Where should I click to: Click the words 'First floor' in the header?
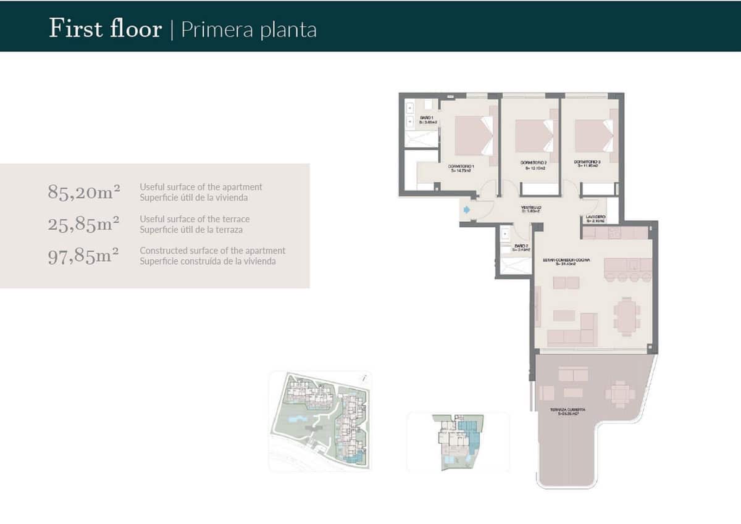point(105,29)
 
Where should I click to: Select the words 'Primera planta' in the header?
point(248,30)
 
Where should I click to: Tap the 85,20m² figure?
point(83,192)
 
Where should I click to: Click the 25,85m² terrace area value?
point(83,224)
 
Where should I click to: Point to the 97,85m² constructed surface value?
point(83,256)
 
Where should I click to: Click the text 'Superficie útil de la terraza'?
point(191,230)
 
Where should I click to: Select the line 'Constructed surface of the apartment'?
point(212,251)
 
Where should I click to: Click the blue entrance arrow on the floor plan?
point(466,210)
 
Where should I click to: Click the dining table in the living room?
point(626,316)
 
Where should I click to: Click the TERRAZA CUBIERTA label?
point(569,412)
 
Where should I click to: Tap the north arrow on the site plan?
point(366,378)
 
